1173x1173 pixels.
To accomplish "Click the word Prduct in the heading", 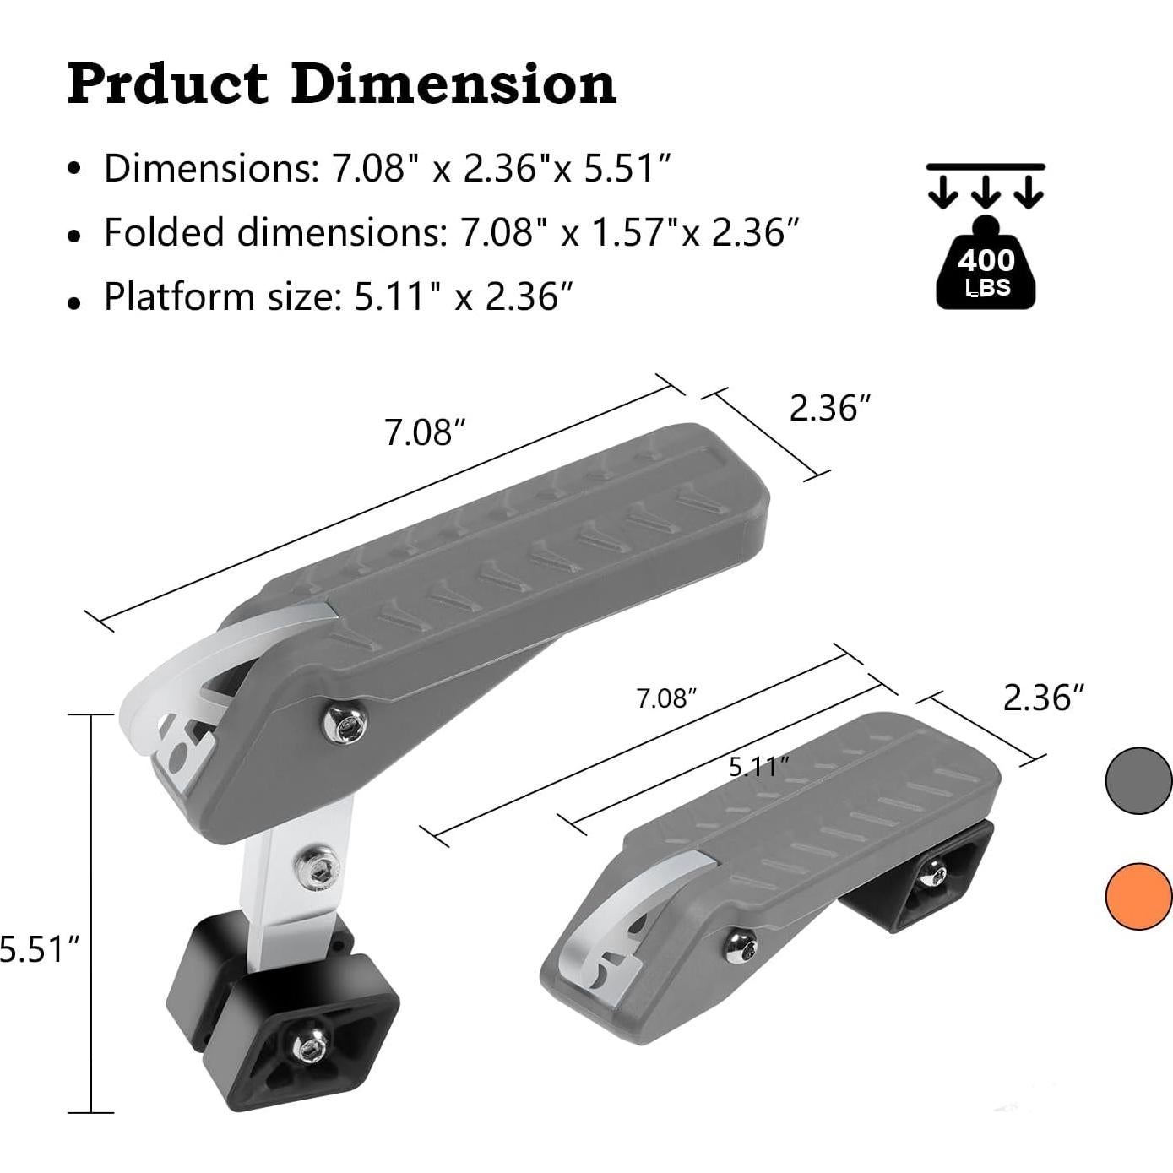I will point(167,84).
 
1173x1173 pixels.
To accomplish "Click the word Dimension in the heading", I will point(453,84).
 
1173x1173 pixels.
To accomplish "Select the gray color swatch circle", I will point(1139,781).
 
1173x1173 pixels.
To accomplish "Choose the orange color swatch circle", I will point(1139,896).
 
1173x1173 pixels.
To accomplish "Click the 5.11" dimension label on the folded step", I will point(759,767).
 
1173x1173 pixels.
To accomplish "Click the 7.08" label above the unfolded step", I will point(425,432).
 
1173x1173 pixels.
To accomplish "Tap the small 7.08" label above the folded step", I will point(666,698).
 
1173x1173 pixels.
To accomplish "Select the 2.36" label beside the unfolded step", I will point(829,408).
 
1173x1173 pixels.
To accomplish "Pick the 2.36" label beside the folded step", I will point(1043,698).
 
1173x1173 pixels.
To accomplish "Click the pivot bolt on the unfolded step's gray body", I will point(345,724).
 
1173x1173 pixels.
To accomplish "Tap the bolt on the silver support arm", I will point(319,866).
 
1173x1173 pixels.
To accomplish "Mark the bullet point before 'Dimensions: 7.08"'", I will point(76,169).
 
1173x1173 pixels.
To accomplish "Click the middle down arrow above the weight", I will point(986,193).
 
